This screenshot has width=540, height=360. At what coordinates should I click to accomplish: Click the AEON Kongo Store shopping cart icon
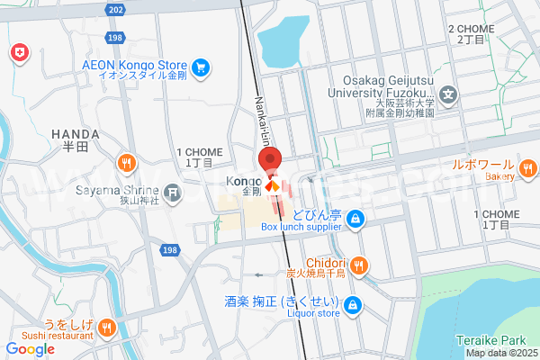coord(200,67)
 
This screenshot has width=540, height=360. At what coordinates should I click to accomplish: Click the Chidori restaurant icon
coord(359,264)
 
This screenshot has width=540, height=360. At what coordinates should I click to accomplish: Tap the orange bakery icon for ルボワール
coord(528,167)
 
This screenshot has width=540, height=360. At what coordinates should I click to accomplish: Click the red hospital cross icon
coord(17,54)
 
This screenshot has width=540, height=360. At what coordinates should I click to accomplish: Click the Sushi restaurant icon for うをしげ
coord(107,327)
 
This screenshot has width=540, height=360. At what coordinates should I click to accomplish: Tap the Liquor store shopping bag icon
coord(354,304)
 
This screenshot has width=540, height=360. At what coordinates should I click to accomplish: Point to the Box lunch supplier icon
coord(357,218)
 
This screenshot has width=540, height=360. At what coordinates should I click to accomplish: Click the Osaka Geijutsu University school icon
coord(448,94)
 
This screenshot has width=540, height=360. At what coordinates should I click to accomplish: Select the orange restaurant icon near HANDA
coord(127,163)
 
